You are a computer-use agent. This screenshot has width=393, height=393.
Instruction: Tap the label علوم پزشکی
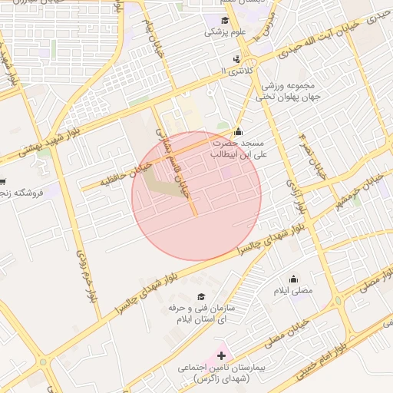[x=220, y=32]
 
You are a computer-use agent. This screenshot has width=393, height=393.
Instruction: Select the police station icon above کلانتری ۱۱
[x=236, y=58]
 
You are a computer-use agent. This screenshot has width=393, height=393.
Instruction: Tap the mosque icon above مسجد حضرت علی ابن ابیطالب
[x=239, y=131]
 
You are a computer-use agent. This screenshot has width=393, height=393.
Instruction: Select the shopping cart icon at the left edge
[x=3, y=182]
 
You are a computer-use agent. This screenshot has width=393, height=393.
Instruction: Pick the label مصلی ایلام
[x=293, y=292]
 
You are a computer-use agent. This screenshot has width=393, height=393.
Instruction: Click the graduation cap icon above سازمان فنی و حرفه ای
[x=201, y=297]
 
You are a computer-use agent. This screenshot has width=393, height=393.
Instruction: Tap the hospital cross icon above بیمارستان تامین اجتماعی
[x=223, y=355]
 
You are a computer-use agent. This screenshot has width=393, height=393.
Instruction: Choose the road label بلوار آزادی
[x=298, y=196]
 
